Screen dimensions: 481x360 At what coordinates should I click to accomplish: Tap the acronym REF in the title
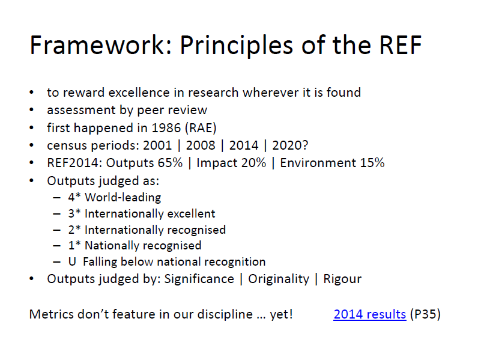[401, 45]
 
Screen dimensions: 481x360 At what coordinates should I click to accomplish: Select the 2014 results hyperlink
[370, 314]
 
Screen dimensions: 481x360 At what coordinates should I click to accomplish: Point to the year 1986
[166, 127]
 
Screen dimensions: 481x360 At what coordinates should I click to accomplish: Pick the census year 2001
[157, 145]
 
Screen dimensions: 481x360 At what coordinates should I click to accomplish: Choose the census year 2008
[201, 145]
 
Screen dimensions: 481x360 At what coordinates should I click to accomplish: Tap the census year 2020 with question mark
[290, 145]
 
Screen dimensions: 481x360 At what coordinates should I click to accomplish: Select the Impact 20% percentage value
[253, 163]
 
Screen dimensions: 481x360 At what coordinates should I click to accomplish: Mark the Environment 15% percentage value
[372, 163]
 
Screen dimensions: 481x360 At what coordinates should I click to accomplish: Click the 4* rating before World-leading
[74, 197]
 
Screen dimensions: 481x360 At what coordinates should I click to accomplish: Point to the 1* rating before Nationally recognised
[74, 245]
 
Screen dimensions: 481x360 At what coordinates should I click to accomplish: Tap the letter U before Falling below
[72, 261]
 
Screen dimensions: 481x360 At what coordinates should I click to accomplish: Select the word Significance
[199, 279]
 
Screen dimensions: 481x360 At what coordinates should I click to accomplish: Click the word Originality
[279, 279]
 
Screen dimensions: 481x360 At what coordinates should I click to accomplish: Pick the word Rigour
[342, 279]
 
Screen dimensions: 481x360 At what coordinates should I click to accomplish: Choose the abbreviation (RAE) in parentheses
[201, 127]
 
